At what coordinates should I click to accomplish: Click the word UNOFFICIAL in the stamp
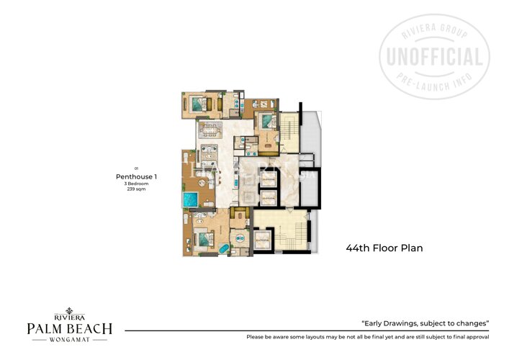[434, 57]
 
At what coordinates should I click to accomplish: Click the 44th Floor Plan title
[384, 248]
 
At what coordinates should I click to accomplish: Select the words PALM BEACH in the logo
[69, 328]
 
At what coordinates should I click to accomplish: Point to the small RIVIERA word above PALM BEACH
[69, 315]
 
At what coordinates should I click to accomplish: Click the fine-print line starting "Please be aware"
[367, 337]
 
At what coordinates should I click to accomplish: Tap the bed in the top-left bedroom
[195, 102]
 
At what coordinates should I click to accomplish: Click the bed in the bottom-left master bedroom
[202, 236]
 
